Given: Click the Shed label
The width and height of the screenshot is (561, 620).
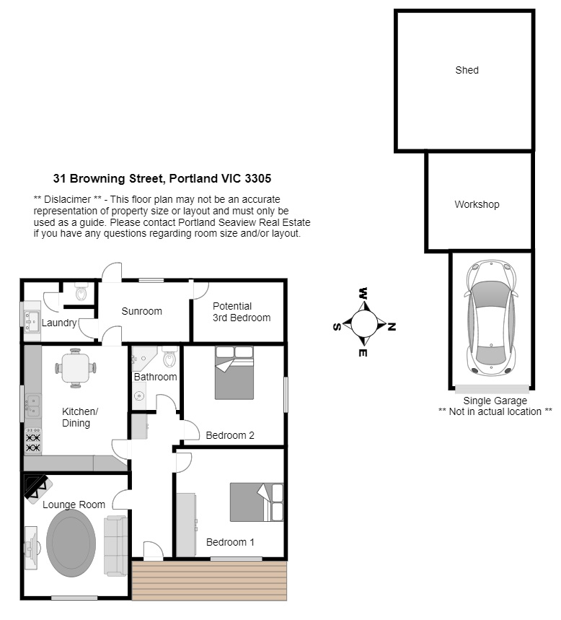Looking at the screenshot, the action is pos(467,71).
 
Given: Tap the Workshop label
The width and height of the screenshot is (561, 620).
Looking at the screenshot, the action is pos(477,204).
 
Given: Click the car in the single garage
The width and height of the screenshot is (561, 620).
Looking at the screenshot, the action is pos(491,318).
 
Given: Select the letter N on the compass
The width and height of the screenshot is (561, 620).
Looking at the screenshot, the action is pos(391,327).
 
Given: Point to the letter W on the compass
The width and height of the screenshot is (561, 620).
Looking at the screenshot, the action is pos(363,293).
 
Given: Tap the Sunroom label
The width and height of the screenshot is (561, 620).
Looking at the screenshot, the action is pos(141,311).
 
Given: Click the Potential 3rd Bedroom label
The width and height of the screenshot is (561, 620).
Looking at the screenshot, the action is pos(242,312).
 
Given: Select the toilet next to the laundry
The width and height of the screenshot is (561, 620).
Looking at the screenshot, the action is pos(81,292).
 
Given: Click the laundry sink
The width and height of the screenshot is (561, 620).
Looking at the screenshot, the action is pos(32,321).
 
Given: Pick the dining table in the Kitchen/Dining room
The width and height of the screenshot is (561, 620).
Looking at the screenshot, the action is pos(76,367).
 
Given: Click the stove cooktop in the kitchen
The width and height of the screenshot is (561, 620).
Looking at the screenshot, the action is pos(32,442).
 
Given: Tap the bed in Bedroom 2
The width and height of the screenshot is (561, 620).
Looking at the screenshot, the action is pos(234,373).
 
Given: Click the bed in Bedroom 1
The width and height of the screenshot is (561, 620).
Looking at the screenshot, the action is pos(257,502).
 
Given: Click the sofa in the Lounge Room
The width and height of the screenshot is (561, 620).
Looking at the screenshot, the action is pos(115,546).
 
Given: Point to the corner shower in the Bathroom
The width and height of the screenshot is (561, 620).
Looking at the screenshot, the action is pos(143,358).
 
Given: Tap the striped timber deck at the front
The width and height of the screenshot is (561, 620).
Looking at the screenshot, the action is pos(209,580).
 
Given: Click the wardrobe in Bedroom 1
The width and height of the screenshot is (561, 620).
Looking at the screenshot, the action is pos(186,525).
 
